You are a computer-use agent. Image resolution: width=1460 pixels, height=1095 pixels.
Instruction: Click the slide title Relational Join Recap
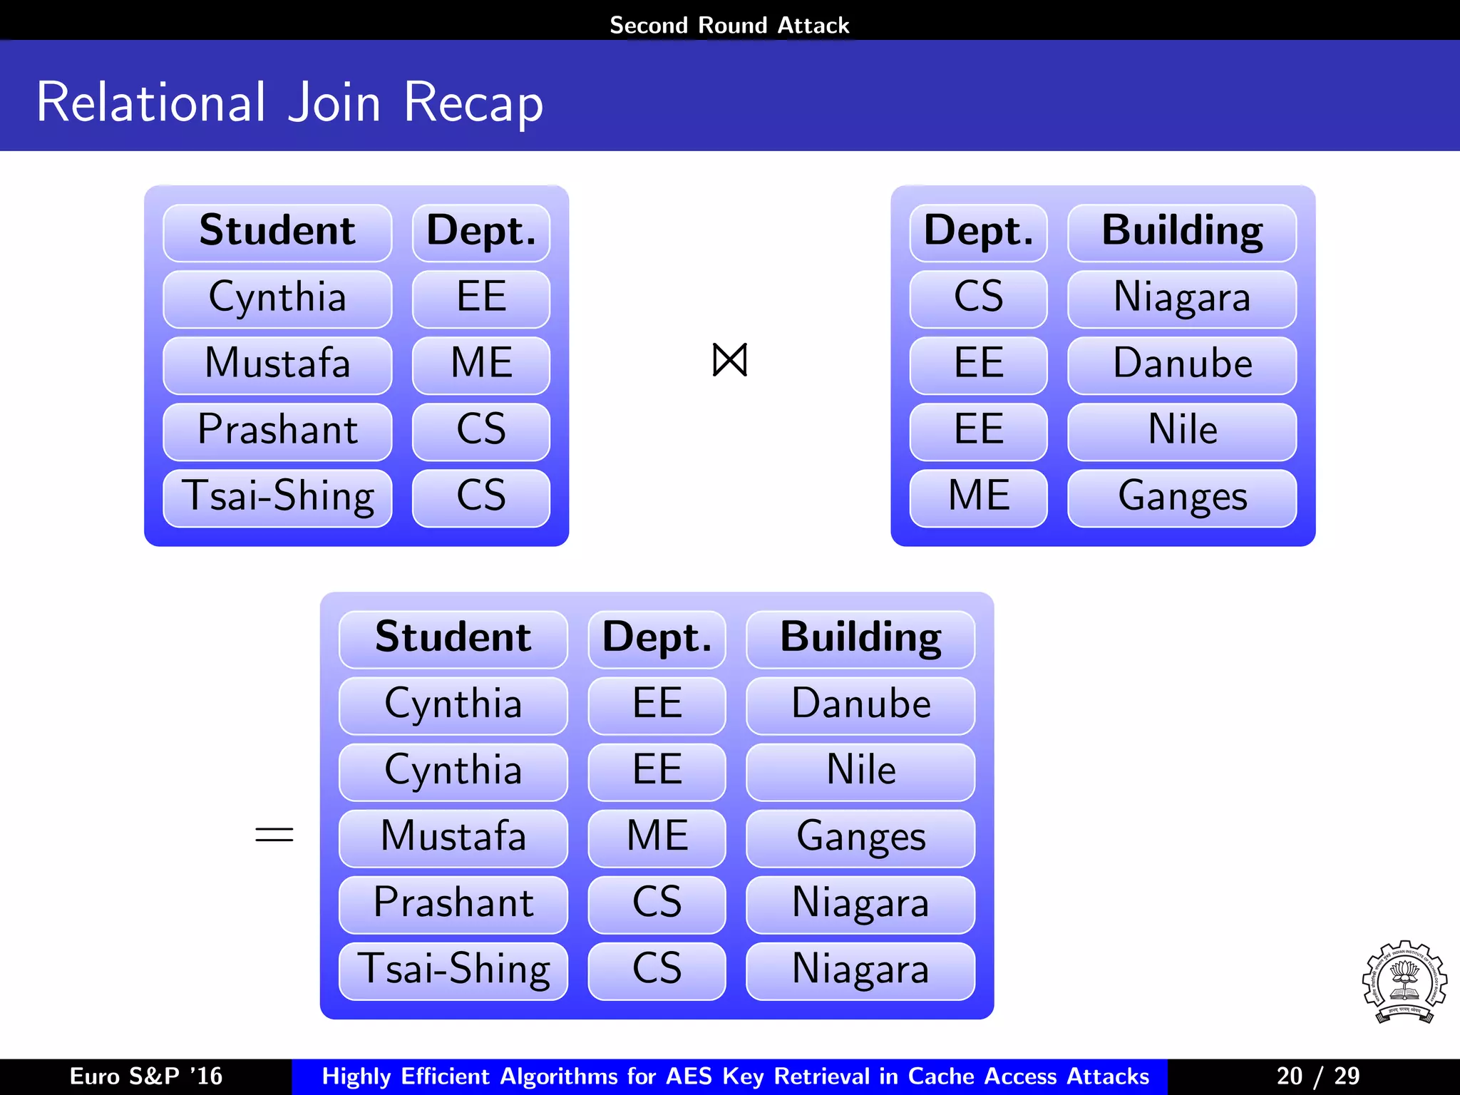pyautogui.click(x=289, y=103)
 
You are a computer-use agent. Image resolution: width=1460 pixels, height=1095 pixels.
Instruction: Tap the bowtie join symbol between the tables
pyautogui.click(x=729, y=360)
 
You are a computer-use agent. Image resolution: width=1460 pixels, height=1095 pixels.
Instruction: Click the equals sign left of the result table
pyautogui.click(x=274, y=834)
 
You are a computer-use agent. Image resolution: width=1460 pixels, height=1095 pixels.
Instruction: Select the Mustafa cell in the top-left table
pyautogui.click(x=277, y=364)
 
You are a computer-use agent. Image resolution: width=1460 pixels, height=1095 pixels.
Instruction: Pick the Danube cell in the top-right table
pyautogui.click(x=1182, y=364)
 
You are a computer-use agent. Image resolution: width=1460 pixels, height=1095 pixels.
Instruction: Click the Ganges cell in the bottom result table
pyautogui.click(x=860, y=837)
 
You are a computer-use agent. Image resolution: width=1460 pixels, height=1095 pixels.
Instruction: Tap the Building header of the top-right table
pyautogui.click(x=1182, y=232)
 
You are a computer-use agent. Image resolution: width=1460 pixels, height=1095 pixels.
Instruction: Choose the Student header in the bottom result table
pyautogui.click(x=453, y=637)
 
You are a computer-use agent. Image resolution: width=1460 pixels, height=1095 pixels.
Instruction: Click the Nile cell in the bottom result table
pyautogui.click(x=860, y=771)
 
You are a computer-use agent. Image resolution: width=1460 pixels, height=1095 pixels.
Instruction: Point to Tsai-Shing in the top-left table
pyautogui.click(x=277, y=497)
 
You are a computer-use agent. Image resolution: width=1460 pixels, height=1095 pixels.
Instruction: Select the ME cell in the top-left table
pyautogui.click(x=481, y=364)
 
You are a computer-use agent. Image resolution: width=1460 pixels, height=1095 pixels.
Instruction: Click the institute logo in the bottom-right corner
pyautogui.click(x=1404, y=982)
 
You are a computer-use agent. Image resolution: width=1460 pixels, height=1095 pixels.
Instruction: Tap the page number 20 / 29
pyautogui.click(x=1317, y=1076)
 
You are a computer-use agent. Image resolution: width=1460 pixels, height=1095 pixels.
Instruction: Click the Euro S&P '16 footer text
pyautogui.click(x=146, y=1076)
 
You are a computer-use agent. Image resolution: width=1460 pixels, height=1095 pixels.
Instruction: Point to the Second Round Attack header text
pyautogui.click(x=729, y=26)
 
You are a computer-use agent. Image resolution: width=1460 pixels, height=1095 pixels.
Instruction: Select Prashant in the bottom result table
pyautogui.click(x=453, y=903)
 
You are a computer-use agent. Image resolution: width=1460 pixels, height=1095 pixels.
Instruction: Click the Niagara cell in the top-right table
pyautogui.click(x=1182, y=297)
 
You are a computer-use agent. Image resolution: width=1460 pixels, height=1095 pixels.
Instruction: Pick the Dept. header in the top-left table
pyautogui.click(x=481, y=232)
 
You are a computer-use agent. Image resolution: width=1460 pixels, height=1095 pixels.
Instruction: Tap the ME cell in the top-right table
pyautogui.click(x=979, y=497)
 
